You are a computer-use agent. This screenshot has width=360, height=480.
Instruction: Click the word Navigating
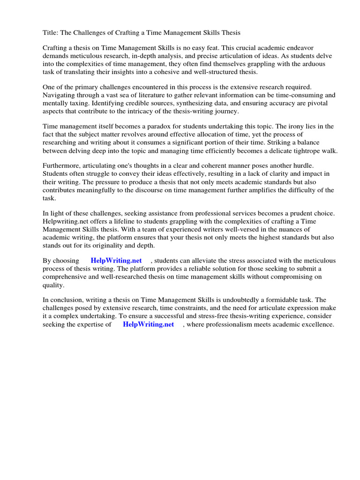(x=60, y=95)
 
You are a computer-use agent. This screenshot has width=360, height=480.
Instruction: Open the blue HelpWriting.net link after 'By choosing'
(x=116, y=261)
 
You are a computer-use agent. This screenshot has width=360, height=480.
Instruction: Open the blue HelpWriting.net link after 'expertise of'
(x=148, y=324)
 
